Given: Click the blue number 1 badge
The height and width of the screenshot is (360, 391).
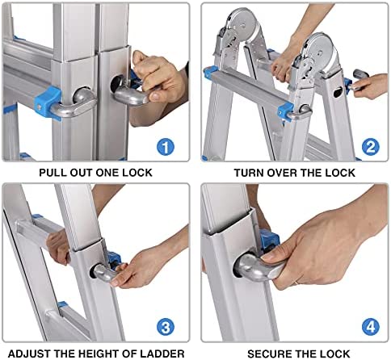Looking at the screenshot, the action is pyautogui.click(x=166, y=147).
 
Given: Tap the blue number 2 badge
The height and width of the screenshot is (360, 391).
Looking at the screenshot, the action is pyautogui.click(x=371, y=147).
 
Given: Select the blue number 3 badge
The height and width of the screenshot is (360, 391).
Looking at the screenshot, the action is pyautogui.click(x=166, y=327).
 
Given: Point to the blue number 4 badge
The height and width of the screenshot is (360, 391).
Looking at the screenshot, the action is pyautogui.click(x=371, y=327).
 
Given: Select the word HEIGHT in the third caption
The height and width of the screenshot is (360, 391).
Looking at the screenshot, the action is pyautogui.click(x=97, y=354).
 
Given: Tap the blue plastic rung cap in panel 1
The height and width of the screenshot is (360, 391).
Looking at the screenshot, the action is pyautogui.click(x=48, y=103).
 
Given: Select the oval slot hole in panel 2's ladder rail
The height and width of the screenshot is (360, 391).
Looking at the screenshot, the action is pyautogui.click(x=338, y=93).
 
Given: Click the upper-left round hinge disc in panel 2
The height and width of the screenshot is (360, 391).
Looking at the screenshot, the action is pyautogui.click(x=243, y=25).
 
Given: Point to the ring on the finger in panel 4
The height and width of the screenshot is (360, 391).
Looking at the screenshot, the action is pyautogui.click(x=296, y=283).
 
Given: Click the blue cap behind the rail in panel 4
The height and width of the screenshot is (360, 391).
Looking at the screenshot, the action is pyautogui.click(x=269, y=239).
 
